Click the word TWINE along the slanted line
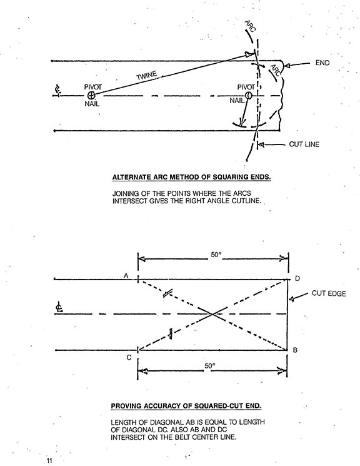click(x=146, y=76)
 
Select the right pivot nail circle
click(x=249, y=95)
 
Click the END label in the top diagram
click(x=322, y=63)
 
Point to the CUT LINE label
click(x=304, y=144)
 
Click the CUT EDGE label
click(x=329, y=293)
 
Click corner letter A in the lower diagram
click(x=126, y=276)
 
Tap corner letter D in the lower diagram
click(x=297, y=278)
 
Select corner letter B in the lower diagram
click(x=295, y=350)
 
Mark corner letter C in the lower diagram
click(x=129, y=358)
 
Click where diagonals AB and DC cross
click(x=212, y=314)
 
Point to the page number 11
click(x=49, y=460)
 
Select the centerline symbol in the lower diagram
click(x=59, y=307)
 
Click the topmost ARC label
click(x=250, y=26)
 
